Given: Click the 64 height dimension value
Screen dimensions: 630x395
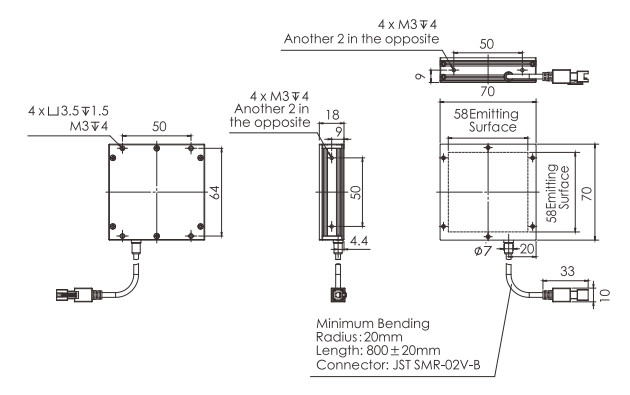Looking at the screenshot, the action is [x=215, y=192].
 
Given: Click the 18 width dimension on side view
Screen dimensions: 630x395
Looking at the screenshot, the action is [x=333, y=115].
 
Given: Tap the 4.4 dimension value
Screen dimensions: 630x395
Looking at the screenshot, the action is [x=359, y=241].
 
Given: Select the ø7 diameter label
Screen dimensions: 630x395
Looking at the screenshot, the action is [x=483, y=251].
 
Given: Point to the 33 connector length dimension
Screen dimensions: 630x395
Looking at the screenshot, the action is [x=567, y=272].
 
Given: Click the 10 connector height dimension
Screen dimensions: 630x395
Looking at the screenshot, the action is [x=605, y=295].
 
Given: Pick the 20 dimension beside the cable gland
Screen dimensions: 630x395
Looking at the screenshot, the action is [x=528, y=249].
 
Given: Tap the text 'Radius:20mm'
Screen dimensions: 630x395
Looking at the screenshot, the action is [x=359, y=337].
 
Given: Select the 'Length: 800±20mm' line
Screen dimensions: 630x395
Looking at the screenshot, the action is [x=378, y=350].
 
